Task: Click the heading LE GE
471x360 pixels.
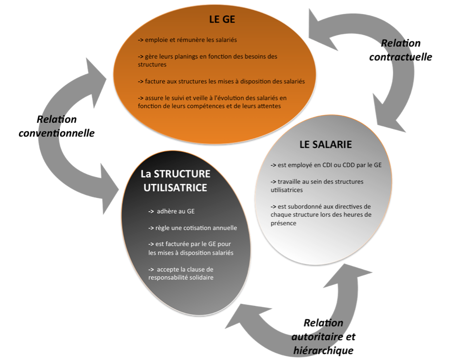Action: click(222, 19)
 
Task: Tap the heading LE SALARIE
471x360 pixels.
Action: click(326, 145)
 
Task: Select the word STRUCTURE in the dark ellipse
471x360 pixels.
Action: click(182, 174)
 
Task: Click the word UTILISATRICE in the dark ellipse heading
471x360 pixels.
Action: click(175, 188)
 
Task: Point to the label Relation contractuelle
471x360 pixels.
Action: click(401, 50)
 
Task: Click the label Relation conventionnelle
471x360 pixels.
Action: click(57, 126)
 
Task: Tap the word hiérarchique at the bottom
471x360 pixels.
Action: click(323, 350)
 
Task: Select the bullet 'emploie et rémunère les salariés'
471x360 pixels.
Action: click(187, 40)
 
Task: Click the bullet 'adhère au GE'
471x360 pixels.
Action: click(172, 211)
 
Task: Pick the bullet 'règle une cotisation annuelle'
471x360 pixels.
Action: click(193, 228)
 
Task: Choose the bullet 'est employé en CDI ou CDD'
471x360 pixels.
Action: click(326, 165)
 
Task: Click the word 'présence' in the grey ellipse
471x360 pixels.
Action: click(283, 223)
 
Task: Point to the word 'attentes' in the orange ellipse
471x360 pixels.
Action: click(269, 106)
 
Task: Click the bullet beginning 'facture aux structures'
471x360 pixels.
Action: click(221, 81)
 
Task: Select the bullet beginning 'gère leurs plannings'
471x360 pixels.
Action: click(208, 60)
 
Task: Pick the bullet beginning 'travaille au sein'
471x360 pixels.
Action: click(317, 186)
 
